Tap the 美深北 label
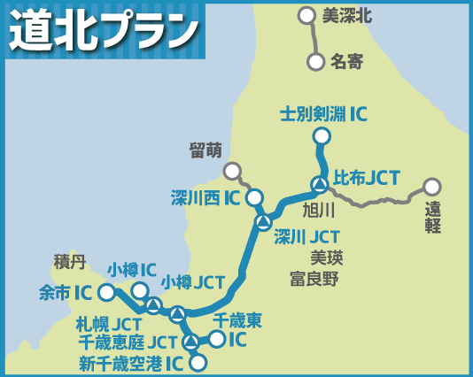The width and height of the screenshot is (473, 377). point(346,15)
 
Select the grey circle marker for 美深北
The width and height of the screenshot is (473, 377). point(306,15)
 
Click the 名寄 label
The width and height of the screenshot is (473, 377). point(346,62)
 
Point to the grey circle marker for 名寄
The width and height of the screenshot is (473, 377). point(315,62)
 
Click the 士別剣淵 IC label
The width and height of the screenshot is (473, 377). point(323,114)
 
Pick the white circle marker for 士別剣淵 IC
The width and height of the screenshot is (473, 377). point(322,136)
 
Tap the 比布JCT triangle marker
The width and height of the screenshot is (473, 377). point(319,184)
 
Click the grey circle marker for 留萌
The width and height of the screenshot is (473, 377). point(232,171)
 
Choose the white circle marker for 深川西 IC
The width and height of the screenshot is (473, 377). point(254,197)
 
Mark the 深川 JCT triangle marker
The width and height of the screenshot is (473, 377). point(263,221)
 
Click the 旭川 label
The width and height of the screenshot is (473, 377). point(318,210)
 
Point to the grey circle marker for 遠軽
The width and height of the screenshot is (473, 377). point(431,187)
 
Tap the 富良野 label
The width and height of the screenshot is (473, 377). point(314,279)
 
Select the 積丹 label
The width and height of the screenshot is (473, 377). point(70,261)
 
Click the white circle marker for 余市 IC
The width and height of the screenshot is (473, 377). point(106,292)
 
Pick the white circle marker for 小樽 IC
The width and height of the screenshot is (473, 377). point(140,290)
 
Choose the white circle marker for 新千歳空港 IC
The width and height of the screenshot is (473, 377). point(198,361)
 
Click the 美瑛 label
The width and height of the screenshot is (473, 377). point(326,258)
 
